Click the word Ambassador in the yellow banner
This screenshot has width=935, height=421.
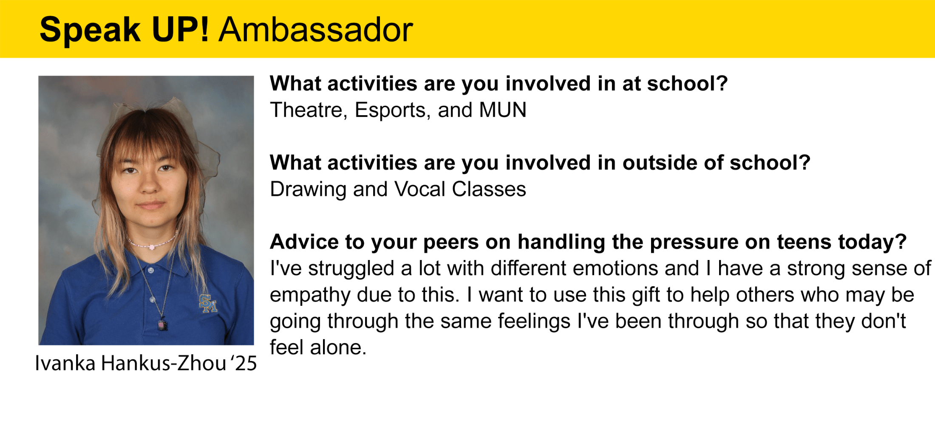(x=315, y=30)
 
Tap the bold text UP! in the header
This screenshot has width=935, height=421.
(x=180, y=30)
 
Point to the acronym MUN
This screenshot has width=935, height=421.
(x=503, y=110)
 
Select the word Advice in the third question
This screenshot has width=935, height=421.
(x=305, y=242)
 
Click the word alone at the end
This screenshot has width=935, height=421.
(x=338, y=348)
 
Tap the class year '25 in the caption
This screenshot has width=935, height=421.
(x=244, y=363)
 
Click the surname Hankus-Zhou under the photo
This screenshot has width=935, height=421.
(x=164, y=363)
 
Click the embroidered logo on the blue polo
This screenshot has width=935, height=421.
(x=208, y=303)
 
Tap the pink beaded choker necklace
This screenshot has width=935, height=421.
(x=152, y=243)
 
